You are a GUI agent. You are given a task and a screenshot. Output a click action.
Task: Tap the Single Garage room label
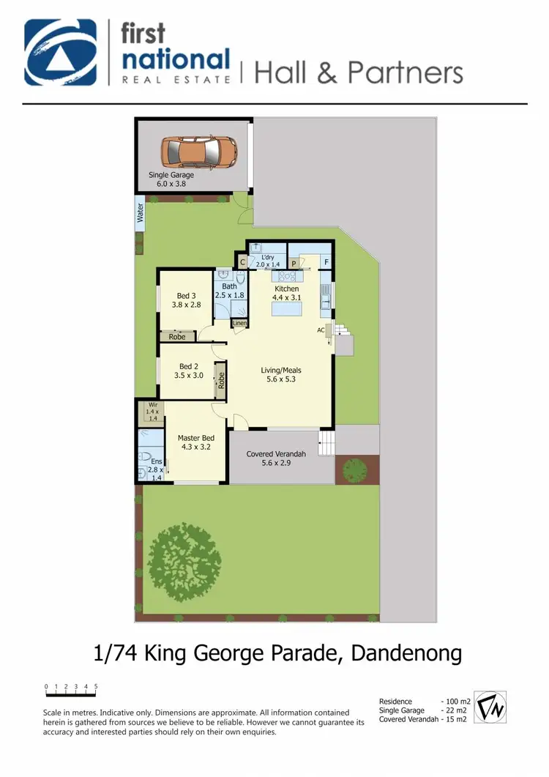[x=172, y=179]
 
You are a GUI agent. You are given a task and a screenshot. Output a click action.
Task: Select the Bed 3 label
[x=187, y=300]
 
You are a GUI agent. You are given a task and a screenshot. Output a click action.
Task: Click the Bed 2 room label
[x=188, y=371]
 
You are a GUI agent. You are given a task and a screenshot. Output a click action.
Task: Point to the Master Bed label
[x=194, y=442]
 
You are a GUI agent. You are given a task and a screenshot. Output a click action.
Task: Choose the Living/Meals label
[x=281, y=374]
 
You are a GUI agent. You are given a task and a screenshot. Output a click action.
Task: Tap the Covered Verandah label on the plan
[x=276, y=458]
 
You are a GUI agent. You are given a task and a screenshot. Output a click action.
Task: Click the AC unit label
[x=321, y=330]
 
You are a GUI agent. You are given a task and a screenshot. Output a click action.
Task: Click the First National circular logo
[x=60, y=53]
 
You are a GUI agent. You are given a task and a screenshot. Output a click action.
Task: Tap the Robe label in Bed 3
[x=177, y=337]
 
